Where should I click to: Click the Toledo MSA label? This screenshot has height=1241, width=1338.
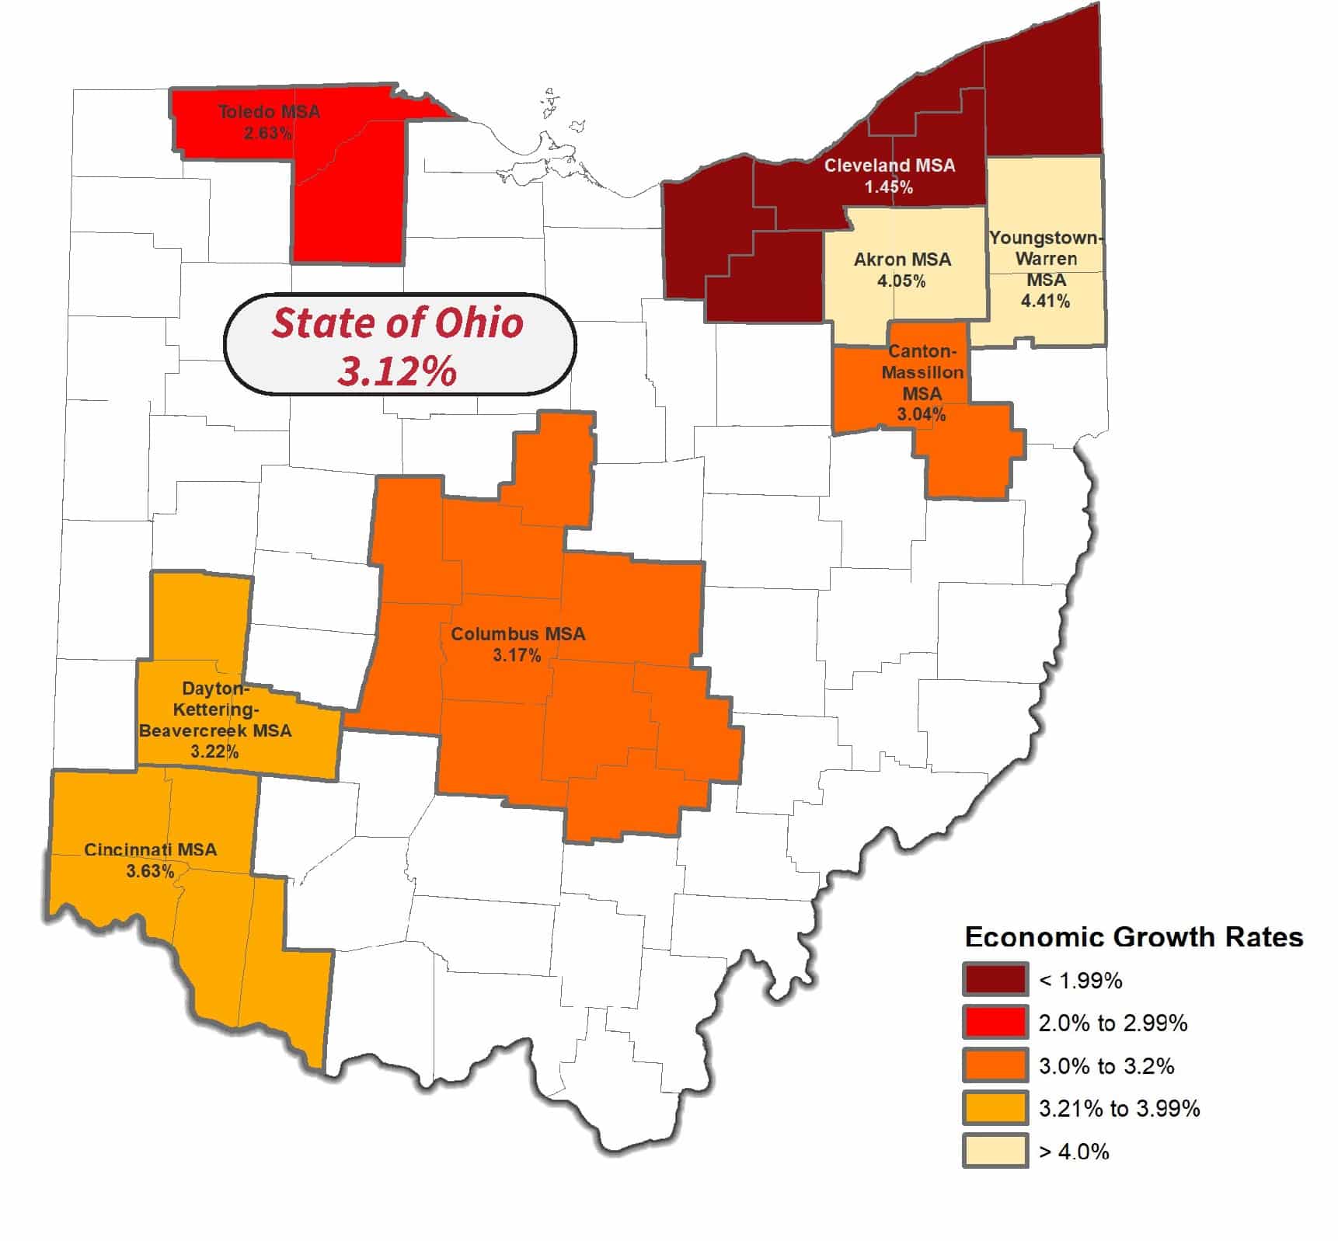269,112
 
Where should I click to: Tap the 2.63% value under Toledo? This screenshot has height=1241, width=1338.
267,133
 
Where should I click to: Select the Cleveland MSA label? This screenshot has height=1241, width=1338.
890,166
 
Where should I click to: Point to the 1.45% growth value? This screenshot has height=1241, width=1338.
889,187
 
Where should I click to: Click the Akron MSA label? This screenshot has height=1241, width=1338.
902,260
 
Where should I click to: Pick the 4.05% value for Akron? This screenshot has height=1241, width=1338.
901,281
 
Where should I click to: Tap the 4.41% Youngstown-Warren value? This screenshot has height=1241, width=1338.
1045,301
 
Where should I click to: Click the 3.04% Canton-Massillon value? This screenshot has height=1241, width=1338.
922,415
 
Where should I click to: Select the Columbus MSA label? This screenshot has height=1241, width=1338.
518,634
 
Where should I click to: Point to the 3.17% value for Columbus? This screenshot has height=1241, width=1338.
517,656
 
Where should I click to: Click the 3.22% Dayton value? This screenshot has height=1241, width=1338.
214,751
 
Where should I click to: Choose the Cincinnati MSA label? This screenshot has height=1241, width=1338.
151,849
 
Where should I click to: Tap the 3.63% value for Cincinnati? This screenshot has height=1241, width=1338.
150,871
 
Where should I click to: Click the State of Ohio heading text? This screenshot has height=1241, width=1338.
398,323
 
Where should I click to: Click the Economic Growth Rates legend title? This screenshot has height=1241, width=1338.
1134,937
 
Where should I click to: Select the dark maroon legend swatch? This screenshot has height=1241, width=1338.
995,980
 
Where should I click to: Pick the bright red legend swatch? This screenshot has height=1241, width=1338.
995,1023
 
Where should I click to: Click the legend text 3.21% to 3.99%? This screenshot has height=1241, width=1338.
1119,1108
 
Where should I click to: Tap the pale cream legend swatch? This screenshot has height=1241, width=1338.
995,1151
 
